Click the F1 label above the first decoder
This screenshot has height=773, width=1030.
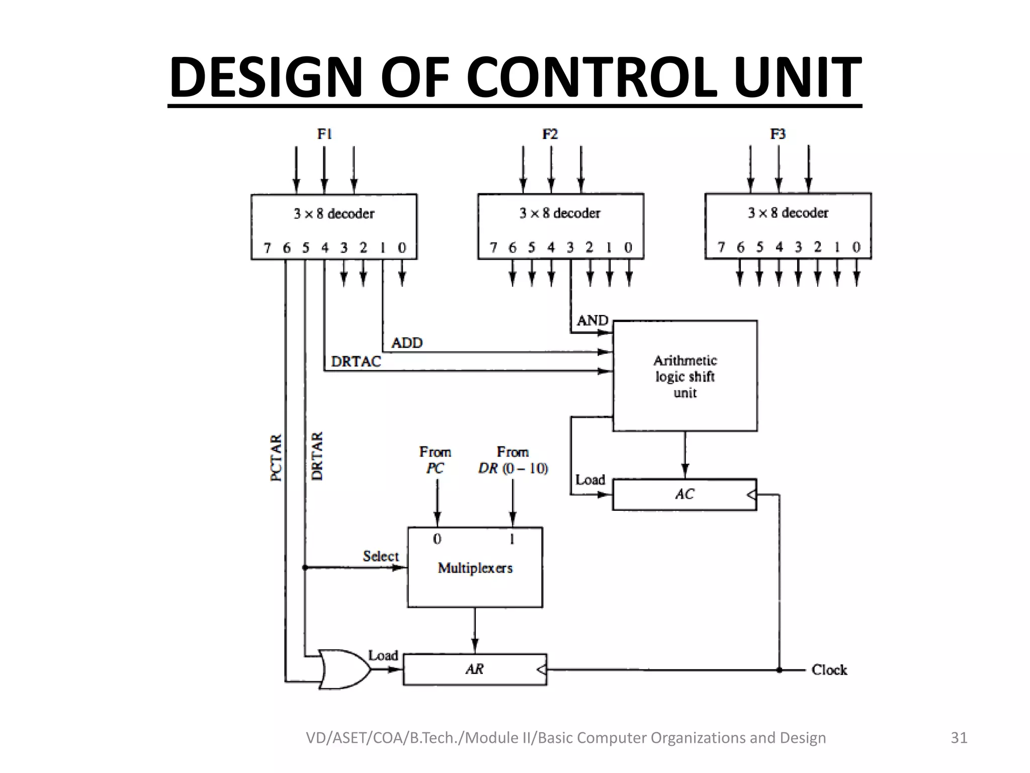click(x=324, y=134)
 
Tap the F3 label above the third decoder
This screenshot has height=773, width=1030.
click(x=778, y=134)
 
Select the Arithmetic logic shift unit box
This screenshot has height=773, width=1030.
click(x=684, y=376)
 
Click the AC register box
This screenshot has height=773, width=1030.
click(x=684, y=494)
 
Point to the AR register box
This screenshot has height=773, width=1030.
click(x=475, y=669)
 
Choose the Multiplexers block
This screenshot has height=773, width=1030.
click(x=475, y=568)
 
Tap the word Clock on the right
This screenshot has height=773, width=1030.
click(x=829, y=670)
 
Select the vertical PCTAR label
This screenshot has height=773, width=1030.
click(x=277, y=458)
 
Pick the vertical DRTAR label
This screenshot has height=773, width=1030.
click(x=317, y=456)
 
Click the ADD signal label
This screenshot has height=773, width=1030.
click(x=407, y=343)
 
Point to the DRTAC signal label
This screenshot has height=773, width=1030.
click(x=356, y=361)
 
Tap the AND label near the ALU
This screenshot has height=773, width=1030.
click(x=592, y=321)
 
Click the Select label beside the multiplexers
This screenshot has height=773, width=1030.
click(x=381, y=556)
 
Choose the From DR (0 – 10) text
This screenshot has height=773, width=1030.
click(x=513, y=460)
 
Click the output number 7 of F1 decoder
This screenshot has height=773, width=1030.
click(x=267, y=248)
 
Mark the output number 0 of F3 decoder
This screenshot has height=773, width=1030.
click(x=856, y=247)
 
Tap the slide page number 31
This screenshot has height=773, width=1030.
click(x=959, y=738)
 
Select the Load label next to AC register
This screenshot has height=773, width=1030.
click(x=590, y=480)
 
